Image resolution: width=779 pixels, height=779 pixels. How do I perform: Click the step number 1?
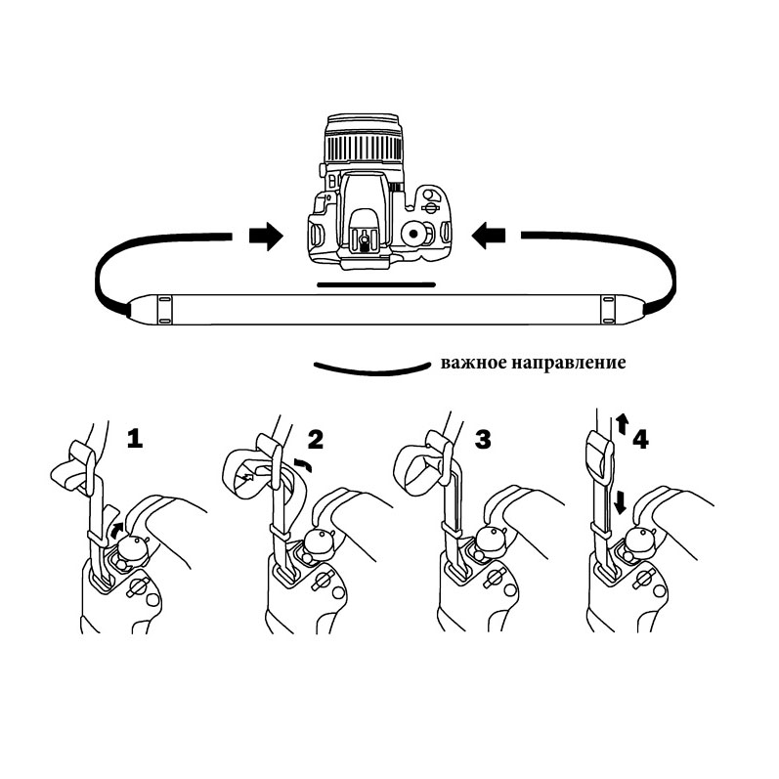135,439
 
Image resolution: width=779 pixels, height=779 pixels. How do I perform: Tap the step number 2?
316,439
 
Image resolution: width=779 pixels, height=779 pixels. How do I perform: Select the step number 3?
483,439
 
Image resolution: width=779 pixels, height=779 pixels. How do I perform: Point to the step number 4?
641,439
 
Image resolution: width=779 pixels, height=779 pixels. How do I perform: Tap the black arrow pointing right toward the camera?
266,236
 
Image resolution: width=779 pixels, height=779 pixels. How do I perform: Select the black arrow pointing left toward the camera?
489,236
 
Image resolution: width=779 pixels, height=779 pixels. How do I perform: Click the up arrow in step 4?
622,425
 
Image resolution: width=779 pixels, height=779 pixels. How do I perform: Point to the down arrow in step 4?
620,502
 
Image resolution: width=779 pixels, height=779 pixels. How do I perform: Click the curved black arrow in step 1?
116,530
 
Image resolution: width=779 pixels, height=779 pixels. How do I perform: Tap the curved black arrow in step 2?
303,464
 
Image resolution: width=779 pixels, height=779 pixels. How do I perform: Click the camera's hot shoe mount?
366,241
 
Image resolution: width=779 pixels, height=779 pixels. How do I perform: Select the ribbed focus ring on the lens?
364,147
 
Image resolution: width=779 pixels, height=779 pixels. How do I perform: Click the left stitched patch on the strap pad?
165,309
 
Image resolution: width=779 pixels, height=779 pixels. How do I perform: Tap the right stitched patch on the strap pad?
608,309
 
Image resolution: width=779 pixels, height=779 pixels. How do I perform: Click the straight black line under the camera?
376,285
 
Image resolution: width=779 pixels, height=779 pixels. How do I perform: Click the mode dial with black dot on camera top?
413,233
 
